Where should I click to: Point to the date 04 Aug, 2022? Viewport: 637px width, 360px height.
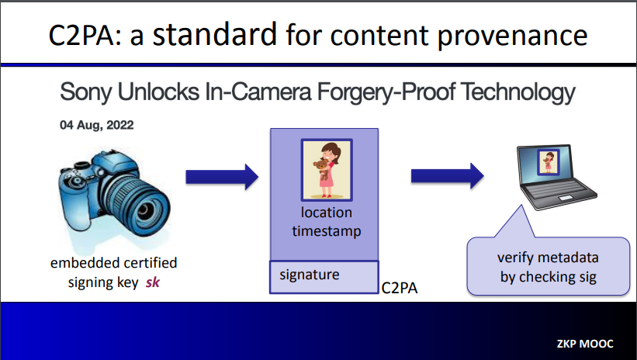pyautogui.click(x=97, y=125)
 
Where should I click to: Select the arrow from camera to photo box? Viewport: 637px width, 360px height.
pyautogui.click(x=222, y=177)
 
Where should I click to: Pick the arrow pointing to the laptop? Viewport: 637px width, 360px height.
pyautogui.click(x=447, y=176)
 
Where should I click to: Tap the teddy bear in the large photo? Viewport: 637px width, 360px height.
pyautogui.click(x=322, y=168)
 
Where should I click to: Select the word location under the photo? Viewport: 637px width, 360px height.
pyautogui.click(x=326, y=213)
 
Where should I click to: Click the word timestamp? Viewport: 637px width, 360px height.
pyautogui.click(x=326, y=231)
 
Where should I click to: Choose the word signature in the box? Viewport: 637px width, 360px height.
pyautogui.click(x=309, y=275)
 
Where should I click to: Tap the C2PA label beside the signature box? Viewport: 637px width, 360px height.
pyautogui.click(x=400, y=288)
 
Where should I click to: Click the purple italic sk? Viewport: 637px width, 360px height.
pyautogui.click(x=152, y=282)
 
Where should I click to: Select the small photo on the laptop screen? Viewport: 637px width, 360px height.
pyautogui.click(x=549, y=162)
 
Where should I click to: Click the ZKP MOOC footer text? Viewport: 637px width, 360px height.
pyautogui.click(x=584, y=344)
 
